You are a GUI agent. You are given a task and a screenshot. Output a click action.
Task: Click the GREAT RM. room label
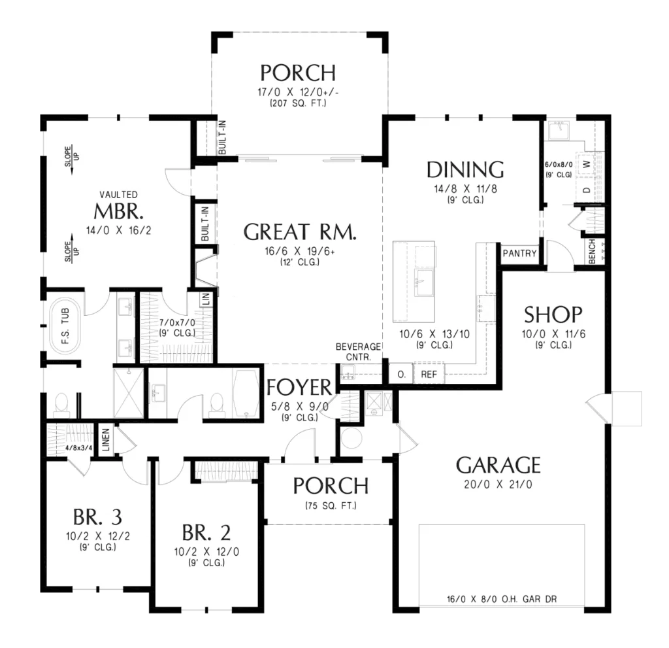click(x=299, y=232)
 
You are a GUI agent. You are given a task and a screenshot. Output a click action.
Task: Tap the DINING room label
click(x=465, y=169)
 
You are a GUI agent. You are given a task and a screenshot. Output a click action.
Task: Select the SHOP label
click(x=553, y=315)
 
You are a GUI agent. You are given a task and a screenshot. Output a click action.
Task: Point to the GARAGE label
click(x=498, y=465)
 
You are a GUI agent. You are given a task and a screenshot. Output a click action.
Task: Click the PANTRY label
click(x=519, y=253)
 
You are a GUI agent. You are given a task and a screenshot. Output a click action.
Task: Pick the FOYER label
click(x=299, y=388)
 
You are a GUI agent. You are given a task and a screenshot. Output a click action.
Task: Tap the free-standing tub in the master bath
click(x=65, y=326)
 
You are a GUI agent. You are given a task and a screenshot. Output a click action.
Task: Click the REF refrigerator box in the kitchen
click(x=429, y=374)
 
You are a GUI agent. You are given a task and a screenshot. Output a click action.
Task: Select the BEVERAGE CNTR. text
click(x=358, y=352)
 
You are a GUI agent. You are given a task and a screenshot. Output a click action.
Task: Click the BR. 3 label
click(x=97, y=517)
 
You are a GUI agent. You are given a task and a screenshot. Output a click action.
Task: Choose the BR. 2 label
click(x=206, y=533)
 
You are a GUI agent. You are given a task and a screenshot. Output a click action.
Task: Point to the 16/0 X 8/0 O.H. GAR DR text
click(x=502, y=600)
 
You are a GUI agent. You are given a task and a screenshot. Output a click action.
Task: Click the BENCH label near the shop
click(x=592, y=251)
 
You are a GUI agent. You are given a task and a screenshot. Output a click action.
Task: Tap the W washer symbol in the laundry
click(x=587, y=163)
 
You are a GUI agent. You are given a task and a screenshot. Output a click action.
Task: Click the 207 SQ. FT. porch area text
click(x=298, y=103)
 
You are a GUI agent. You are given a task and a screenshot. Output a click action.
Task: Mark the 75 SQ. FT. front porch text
click(x=331, y=505)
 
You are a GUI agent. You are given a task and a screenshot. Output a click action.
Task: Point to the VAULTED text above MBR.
click(x=119, y=195)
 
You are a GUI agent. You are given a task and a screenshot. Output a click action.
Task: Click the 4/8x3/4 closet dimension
click(x=78, y=448)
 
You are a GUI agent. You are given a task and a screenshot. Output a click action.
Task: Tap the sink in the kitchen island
click(x=423, y=282)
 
